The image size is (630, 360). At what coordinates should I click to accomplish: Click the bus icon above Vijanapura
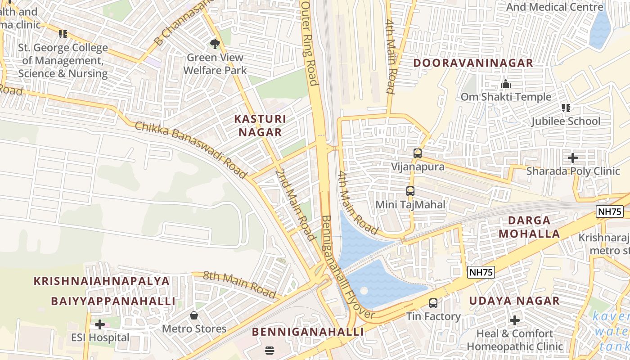click(x=418, y=153)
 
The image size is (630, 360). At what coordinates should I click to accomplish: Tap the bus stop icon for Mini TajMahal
click(x=410, y=191)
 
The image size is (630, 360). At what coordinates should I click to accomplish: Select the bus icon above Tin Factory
click(x=433, y=303)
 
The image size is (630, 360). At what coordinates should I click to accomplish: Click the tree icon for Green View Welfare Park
click(x=215, y=44)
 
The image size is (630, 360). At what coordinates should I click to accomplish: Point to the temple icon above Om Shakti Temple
click(x=506, y=84)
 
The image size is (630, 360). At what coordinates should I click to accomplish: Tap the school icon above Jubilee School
click(x=566, y=108)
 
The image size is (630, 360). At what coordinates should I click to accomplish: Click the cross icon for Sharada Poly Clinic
click(x=573, y=158)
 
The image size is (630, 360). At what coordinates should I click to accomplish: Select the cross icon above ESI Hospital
click(x=100, y=324)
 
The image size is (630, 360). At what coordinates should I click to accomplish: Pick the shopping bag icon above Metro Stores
click(x=194, y=315)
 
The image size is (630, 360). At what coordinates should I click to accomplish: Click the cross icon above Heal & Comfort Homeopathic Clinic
click(x=515, y=320)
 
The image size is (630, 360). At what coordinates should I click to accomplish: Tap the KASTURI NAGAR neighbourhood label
click(x=260, y=126)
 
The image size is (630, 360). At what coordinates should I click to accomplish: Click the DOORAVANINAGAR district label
click(x=473, y=63)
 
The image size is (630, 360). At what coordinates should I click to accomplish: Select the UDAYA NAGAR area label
click(x=514, y=301)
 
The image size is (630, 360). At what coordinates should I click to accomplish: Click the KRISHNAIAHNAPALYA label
click(x=102, y=281)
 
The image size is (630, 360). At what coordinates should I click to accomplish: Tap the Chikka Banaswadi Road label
click(x=191, y=149)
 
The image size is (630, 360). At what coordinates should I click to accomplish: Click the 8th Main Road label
click(x=239, y=284)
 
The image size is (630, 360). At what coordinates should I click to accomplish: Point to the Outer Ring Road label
click(x=310, y=43)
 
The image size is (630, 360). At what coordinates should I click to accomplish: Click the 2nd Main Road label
click(x=295, y=205)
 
